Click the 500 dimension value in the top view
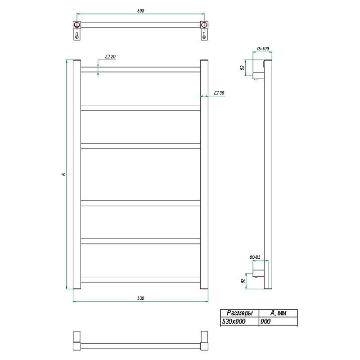pos(140,10)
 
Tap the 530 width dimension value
pos(140,298)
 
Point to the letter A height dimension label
pos(63,175)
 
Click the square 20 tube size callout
pos(110,57)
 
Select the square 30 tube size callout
pos(219,93)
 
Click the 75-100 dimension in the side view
pos(262,49)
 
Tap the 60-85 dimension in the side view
pos(255,257)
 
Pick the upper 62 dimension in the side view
pos(242,68)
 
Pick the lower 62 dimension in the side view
pos(243,281)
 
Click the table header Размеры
pos(239,313)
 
